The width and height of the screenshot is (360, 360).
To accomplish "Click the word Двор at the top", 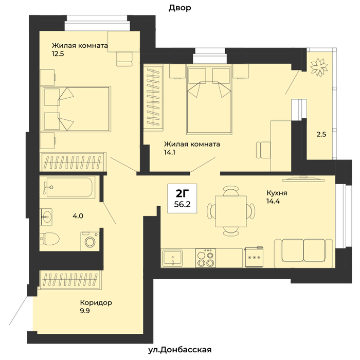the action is click(180, 8).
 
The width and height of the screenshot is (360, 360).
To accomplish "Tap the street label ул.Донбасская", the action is click(180, 350).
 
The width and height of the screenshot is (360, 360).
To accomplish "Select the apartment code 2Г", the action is click(182, 194).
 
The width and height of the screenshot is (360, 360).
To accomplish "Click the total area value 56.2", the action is click(182, 204).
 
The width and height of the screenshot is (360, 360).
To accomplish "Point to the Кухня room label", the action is click(277, 193).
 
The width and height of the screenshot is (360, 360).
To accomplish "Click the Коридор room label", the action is click(96, 302).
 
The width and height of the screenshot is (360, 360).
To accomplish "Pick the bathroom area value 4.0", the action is click(78, 216).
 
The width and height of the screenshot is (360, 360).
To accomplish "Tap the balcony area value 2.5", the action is click(321, 134).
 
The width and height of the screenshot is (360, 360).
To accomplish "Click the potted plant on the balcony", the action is click(319, 67).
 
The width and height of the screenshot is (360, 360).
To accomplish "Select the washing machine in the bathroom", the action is click(90, 241).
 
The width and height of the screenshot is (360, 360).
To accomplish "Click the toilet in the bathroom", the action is click(49, 239).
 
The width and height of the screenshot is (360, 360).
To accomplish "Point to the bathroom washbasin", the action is click(46, 217).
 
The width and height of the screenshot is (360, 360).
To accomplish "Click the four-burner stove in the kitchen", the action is click(206, 258).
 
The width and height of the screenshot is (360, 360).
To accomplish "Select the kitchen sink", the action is click(172, 258).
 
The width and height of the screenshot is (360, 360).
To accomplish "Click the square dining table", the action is click(231, 211).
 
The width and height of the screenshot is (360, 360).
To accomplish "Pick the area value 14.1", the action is click(169, 152).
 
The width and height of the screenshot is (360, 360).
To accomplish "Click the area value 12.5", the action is click(58, 53).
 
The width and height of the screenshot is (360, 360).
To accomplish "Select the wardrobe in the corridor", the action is click(70, 280).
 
